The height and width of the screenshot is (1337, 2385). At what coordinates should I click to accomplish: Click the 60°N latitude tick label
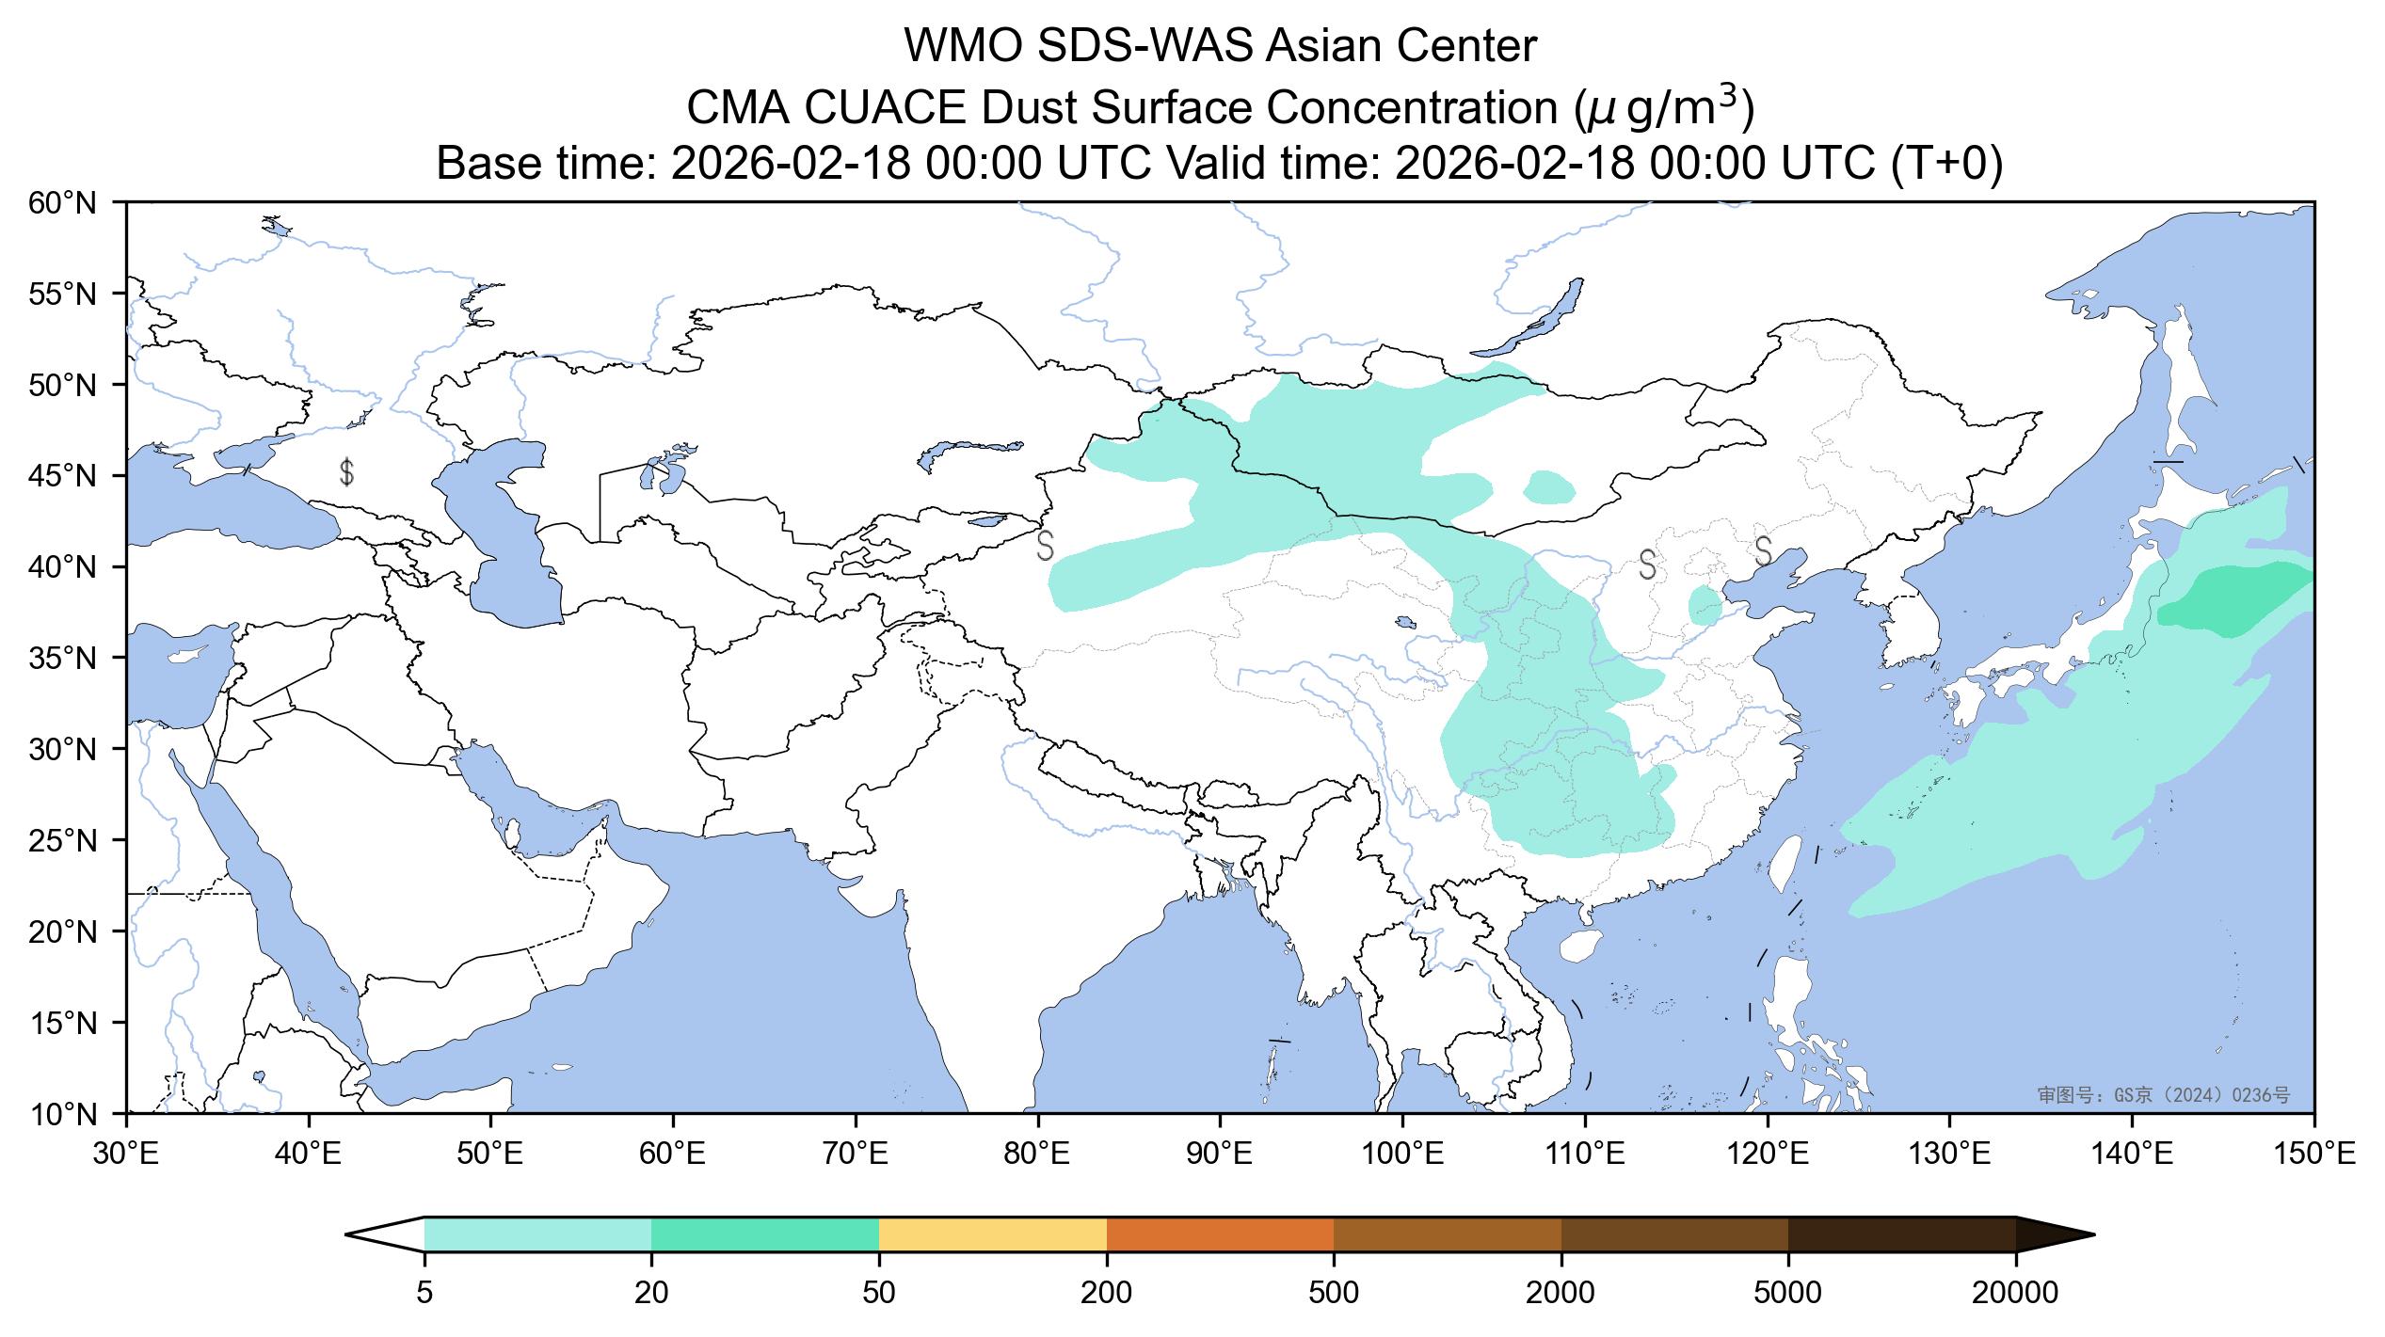(63, 202)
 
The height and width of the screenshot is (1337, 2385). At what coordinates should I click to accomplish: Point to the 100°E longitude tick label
(1402, 1154)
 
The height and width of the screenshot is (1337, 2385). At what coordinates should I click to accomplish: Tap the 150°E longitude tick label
(2313, 1154)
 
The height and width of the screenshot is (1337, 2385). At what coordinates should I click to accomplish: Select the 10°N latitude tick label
(63, 1114)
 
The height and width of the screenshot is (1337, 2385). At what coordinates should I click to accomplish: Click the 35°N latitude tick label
(63, 658)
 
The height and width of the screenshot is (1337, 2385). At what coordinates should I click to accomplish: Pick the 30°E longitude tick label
(126, 1154)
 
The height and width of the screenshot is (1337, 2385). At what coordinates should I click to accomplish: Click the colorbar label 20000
(2015, 1293)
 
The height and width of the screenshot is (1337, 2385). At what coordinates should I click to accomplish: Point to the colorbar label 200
(1106, 1293)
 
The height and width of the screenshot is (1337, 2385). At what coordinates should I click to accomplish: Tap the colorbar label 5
(424, 1293)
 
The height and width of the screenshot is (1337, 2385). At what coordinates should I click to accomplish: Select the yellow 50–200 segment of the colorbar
(992, 1234)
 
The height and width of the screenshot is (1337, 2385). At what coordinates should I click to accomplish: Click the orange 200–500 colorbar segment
(1220, 1234)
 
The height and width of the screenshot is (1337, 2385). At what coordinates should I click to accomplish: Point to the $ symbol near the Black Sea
(346, 471)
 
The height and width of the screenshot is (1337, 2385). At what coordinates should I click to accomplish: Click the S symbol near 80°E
(1045, 545)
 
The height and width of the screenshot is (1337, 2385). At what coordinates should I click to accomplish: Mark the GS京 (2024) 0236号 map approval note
(2163, 1094)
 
